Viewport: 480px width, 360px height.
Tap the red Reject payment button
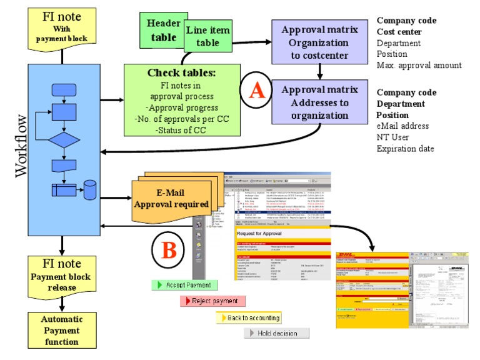coord(212,301)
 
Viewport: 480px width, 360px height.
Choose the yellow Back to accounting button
coord(248,317)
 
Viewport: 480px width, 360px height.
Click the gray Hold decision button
coord(276,333)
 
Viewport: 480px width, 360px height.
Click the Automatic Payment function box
coord(61,329)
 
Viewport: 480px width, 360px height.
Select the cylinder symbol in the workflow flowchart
coord(91,189)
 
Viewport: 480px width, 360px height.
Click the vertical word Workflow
coord(21,146)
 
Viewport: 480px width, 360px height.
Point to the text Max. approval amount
coord(419,65)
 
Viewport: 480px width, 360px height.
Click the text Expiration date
coord(405,148)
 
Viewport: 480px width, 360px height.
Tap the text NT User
coord(394,137)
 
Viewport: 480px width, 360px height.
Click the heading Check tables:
coord(181,72)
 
